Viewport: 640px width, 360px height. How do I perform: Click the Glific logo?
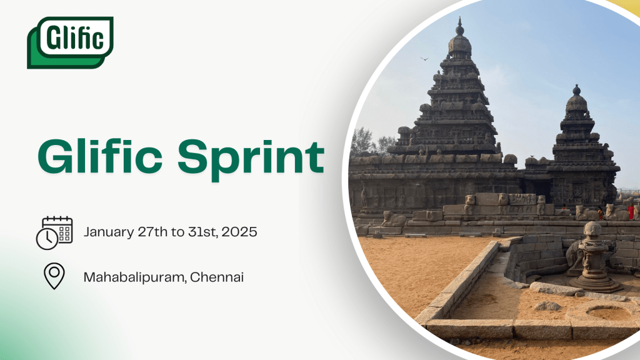tap(71, 42)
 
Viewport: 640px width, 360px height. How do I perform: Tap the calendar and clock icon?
tap(54, 232)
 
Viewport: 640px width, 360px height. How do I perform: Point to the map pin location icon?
tap(54, 276)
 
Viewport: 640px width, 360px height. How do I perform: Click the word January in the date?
tap(109, 232)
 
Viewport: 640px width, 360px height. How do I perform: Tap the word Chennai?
tap(217, 276)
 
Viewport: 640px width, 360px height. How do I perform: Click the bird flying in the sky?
tap(424, 59)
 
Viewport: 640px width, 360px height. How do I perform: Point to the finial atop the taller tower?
tap(460, 26)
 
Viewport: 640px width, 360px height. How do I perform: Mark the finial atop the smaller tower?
tap(576, 90)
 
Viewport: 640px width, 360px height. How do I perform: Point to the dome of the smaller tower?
tap(576, 104)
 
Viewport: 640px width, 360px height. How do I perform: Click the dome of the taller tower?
tap(460, 44)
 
